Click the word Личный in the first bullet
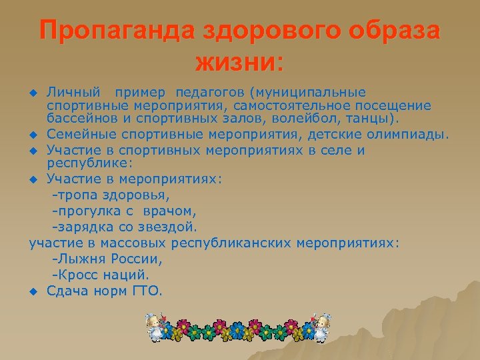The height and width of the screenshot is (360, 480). pos(73,92)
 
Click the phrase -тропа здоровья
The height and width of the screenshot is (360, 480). pos(111,195)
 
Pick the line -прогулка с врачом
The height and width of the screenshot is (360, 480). pos(125,211)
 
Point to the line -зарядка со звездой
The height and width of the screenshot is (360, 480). pos(125,227)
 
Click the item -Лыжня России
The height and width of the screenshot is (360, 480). pos(107,259)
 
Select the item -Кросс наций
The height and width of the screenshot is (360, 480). pos(101,275)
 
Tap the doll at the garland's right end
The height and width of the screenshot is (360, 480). pos(322,327)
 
